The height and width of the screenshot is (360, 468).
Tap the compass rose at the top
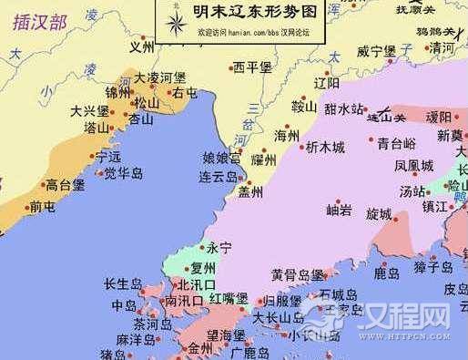(x=172, y=20)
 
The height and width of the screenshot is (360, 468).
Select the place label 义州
(x=142, y=46)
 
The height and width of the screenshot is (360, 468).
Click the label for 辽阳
(x=326, y=81)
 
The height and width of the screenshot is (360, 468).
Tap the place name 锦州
(x=118, y=92)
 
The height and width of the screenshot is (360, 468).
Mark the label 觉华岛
(x=123, y=172)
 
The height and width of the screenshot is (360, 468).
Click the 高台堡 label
(x=65, y=184)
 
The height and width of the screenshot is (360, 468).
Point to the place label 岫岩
(x=340, y=211)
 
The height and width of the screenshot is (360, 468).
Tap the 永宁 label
(x=219, y=247)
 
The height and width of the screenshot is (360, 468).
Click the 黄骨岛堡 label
(x=298, y=274)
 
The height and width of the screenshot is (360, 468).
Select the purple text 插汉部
(x=41, y=22)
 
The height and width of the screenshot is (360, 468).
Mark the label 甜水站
(x=345, y=108)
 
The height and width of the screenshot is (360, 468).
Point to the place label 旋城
(x=379, y=214)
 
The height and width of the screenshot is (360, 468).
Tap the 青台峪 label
(x=397, y=142)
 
